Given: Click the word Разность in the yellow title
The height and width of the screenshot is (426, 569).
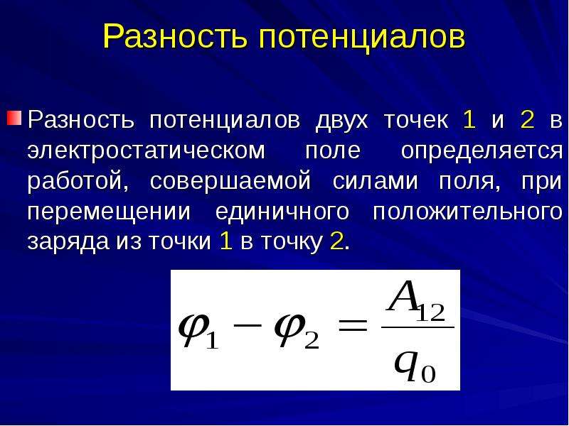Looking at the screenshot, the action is click(175, 38).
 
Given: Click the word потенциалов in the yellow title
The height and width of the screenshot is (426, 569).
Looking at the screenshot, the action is click(362, 37).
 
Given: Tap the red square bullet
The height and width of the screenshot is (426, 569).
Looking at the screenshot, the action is click(14, 118).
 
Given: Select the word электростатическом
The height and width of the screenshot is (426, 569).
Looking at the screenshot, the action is click(147, 151).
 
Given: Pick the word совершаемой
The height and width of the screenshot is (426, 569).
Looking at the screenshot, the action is click(230, 181).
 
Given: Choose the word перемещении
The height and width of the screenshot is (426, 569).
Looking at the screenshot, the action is click(109, 212).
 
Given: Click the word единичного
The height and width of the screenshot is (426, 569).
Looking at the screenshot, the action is click(282, 212).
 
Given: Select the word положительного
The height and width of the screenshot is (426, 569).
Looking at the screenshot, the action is click(468, 212).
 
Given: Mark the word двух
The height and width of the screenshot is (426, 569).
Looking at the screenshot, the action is click(342, 121).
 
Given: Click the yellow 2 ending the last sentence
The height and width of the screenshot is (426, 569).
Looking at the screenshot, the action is click(336, 241).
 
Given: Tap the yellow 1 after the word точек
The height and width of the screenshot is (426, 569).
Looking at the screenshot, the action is click(469, 119).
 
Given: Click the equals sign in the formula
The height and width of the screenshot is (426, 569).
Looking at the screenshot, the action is click(352, 324).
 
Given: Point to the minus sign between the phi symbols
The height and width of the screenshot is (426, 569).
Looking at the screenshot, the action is click(248, 324).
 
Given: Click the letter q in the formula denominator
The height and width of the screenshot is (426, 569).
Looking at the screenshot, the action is click(406, 365).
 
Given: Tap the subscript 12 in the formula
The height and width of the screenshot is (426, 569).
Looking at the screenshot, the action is click(430, 313).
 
